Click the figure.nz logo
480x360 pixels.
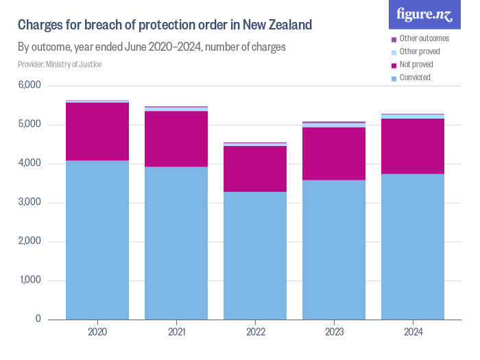(x=424, y=14)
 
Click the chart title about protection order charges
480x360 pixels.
(x=165, y=25)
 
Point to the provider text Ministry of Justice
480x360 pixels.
(x=60, y=64)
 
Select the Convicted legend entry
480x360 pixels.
(x=415, y=77)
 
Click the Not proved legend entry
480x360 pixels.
(x=416, y=64)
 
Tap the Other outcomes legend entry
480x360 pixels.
(x=424, y=38)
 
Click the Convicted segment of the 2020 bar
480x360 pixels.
(x=97, y=240)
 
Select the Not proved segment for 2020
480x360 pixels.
(x=97, y=132)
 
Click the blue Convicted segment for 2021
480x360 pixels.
(x=176, y=243)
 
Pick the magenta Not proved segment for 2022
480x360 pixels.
(x=255, y=169)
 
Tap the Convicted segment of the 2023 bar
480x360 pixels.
(x=334, y=250)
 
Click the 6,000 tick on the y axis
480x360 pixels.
(x=30, y=86)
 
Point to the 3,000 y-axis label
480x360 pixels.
(x=30, y=203)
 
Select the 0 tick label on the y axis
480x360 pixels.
(x=38, y=320)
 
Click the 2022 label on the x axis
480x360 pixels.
(x=255, y=332)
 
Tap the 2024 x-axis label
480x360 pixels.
(x=413, y=332)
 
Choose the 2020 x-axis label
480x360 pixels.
(x=97, y=332)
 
